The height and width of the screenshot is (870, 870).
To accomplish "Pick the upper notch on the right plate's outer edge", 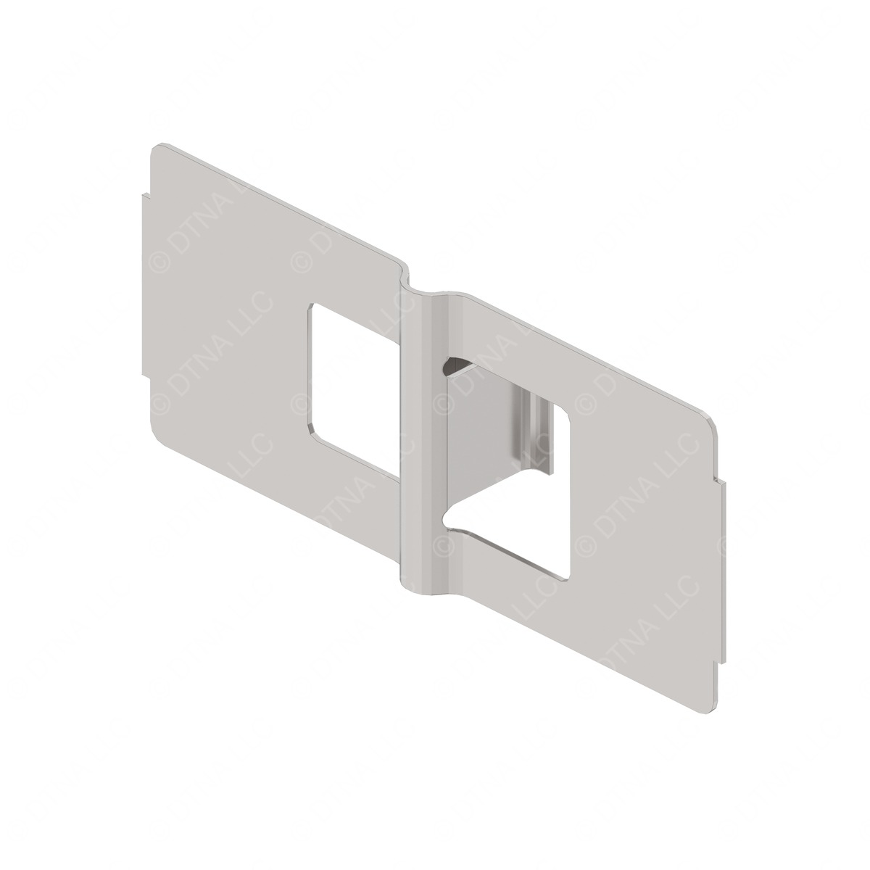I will [721, 482].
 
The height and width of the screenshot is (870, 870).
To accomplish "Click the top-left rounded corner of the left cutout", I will [312, 308].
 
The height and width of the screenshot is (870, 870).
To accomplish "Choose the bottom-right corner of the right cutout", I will [566, 576].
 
